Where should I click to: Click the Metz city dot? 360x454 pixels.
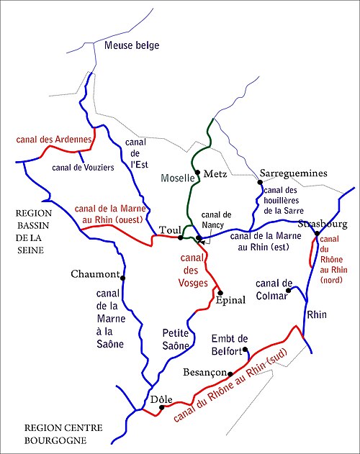197,172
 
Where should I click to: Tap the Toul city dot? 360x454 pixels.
180,237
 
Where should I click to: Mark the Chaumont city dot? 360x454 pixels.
123,278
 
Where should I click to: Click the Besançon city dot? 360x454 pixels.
230,373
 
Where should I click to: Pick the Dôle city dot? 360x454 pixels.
162,407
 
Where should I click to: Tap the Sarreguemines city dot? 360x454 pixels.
260,183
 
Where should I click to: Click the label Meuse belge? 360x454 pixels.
132,46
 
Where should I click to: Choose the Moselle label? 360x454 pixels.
173,177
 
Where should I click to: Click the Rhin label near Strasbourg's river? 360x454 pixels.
317,315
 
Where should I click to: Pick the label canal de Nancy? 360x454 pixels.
217,219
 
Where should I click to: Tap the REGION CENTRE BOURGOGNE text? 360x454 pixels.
63,433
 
